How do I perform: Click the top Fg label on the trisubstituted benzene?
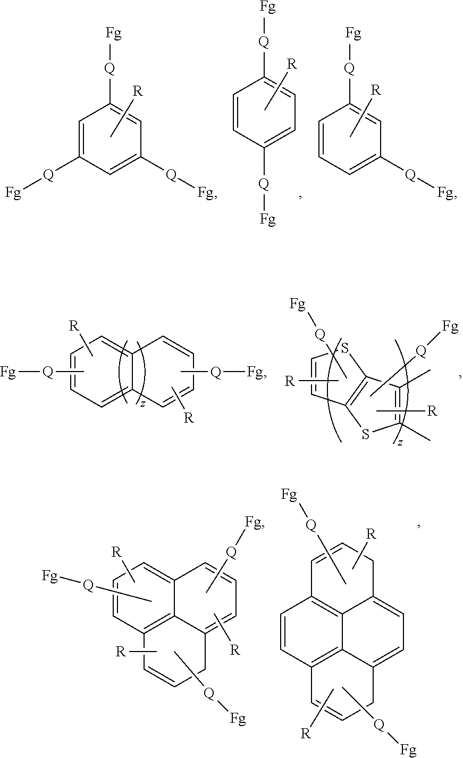pos(113,35)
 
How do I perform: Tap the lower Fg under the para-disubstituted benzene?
pos(267,218)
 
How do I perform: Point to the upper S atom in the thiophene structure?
pos(345,349)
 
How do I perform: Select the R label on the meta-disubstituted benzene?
pos(375,89)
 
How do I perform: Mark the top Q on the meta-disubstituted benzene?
pos(349,68)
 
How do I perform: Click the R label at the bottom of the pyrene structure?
pos(305,735)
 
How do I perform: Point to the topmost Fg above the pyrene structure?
pos(289,495)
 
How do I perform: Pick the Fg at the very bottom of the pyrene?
pos(408,751)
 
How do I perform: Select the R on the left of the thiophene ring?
pos(290,381)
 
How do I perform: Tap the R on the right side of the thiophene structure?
pos(433,411)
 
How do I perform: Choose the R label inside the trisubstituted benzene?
pos(137,90)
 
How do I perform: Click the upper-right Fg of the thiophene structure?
pos(450,326)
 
